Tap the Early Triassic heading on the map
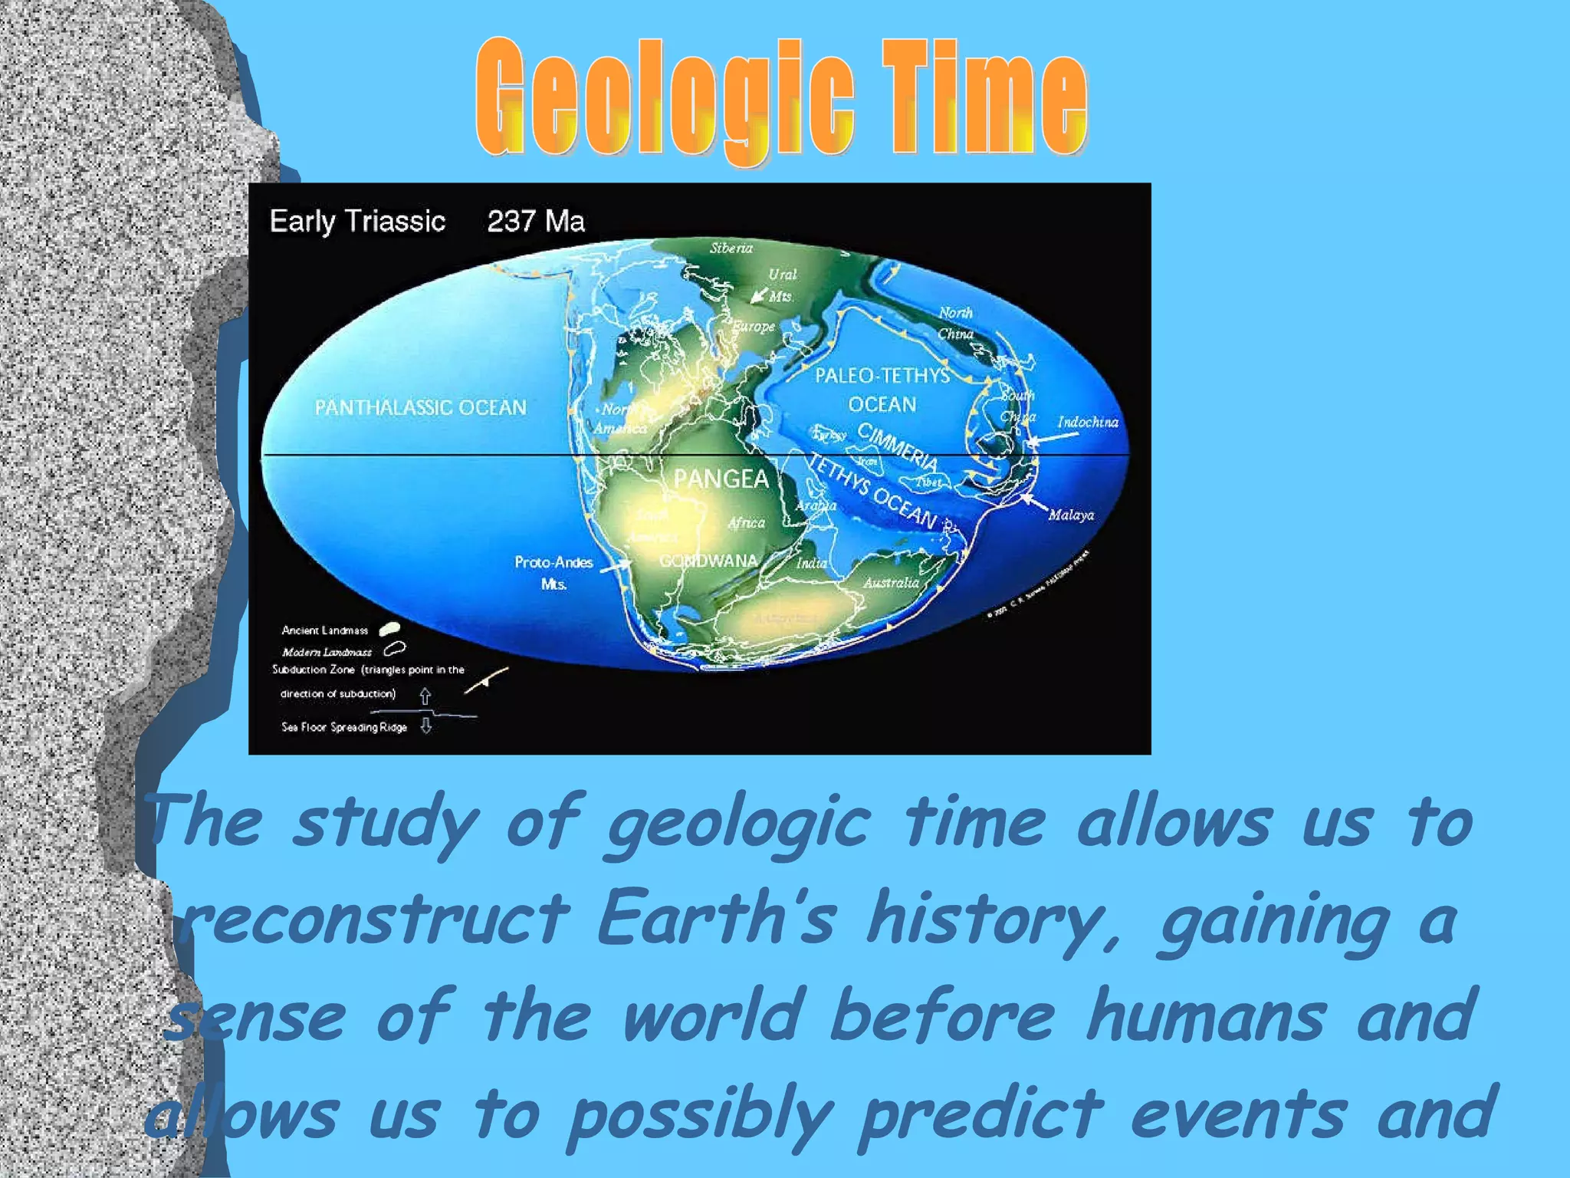tap(357, 222)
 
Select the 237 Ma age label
tap(536, 222)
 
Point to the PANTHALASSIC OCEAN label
tap(420, 407)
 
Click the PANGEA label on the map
tap(721, 479)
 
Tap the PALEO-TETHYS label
tap(882, 375)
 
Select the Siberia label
tap(731, 248)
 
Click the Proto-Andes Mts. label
tap(553, 572)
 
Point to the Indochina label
tap(1087, 422)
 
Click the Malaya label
tap(1071, 515)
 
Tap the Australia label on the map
tap(891, 583)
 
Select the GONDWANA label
tap(708, 561)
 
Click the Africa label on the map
tap(746, 523)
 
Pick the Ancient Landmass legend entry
tap(325, 630)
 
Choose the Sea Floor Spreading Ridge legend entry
tap(344, 727)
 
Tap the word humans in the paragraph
tap(1205, 1016)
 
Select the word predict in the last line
tap(981, 1114)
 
